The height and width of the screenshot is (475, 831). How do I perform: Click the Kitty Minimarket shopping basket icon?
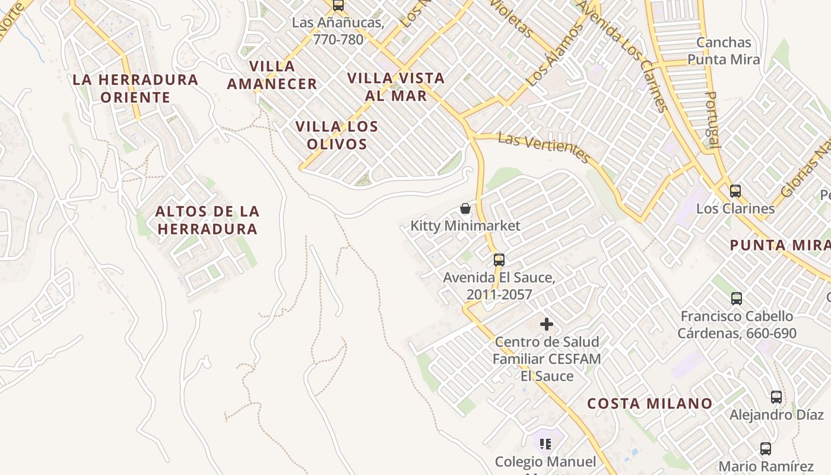click(466, 208)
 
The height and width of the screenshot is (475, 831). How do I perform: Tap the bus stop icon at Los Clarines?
click(735, 191)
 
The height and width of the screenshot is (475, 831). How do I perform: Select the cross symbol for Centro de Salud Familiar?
click(547, 324)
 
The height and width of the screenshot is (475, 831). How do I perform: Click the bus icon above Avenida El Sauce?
click(499, 259)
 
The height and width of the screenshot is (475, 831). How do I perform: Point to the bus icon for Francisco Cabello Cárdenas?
click(737, 299)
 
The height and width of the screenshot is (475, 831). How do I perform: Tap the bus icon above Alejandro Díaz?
click(776, 397)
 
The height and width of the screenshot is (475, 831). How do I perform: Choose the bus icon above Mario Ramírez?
click(766, 449)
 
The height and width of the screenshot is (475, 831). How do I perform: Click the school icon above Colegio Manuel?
click(545, 444)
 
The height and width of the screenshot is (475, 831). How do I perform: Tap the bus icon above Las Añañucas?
click(338, 5)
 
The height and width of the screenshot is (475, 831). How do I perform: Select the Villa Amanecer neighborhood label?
click(272, 75)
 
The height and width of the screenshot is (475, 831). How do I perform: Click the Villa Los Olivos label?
click(337, 135)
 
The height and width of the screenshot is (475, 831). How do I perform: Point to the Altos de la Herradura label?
click(207, 220)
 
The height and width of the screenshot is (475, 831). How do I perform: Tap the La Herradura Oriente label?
click(135, 88)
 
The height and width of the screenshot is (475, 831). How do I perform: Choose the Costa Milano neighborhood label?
click(650, 404)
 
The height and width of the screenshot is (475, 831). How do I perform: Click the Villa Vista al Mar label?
click(396, 87)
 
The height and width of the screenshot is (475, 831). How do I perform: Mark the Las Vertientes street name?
click(544, 147)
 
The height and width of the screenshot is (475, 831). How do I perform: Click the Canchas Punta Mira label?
click(724, 51)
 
